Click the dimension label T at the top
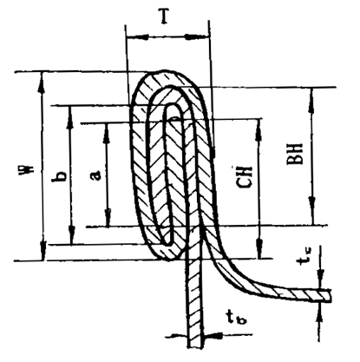point(164,16)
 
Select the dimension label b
point(59,176)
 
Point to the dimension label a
point(97,175)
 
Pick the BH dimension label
point(294,154)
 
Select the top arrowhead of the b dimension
point(69,117)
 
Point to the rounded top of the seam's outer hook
point(164,72)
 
